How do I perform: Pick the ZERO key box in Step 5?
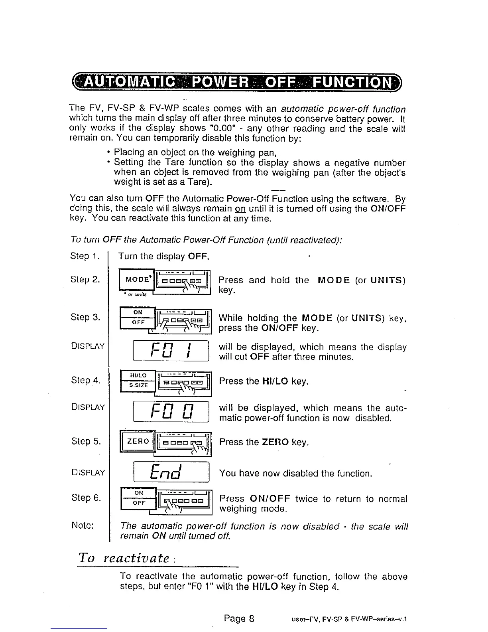click(x=138, y=441)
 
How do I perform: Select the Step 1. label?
click(x=85, y=256)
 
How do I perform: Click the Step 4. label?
click(x=85, y=380)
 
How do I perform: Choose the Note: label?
click(x=83, y=525)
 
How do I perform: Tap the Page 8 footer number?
click(x=239, y=618)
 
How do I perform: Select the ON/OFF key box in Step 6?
click(x=138, y=498)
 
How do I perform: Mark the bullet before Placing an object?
click(x=108, y=153)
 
